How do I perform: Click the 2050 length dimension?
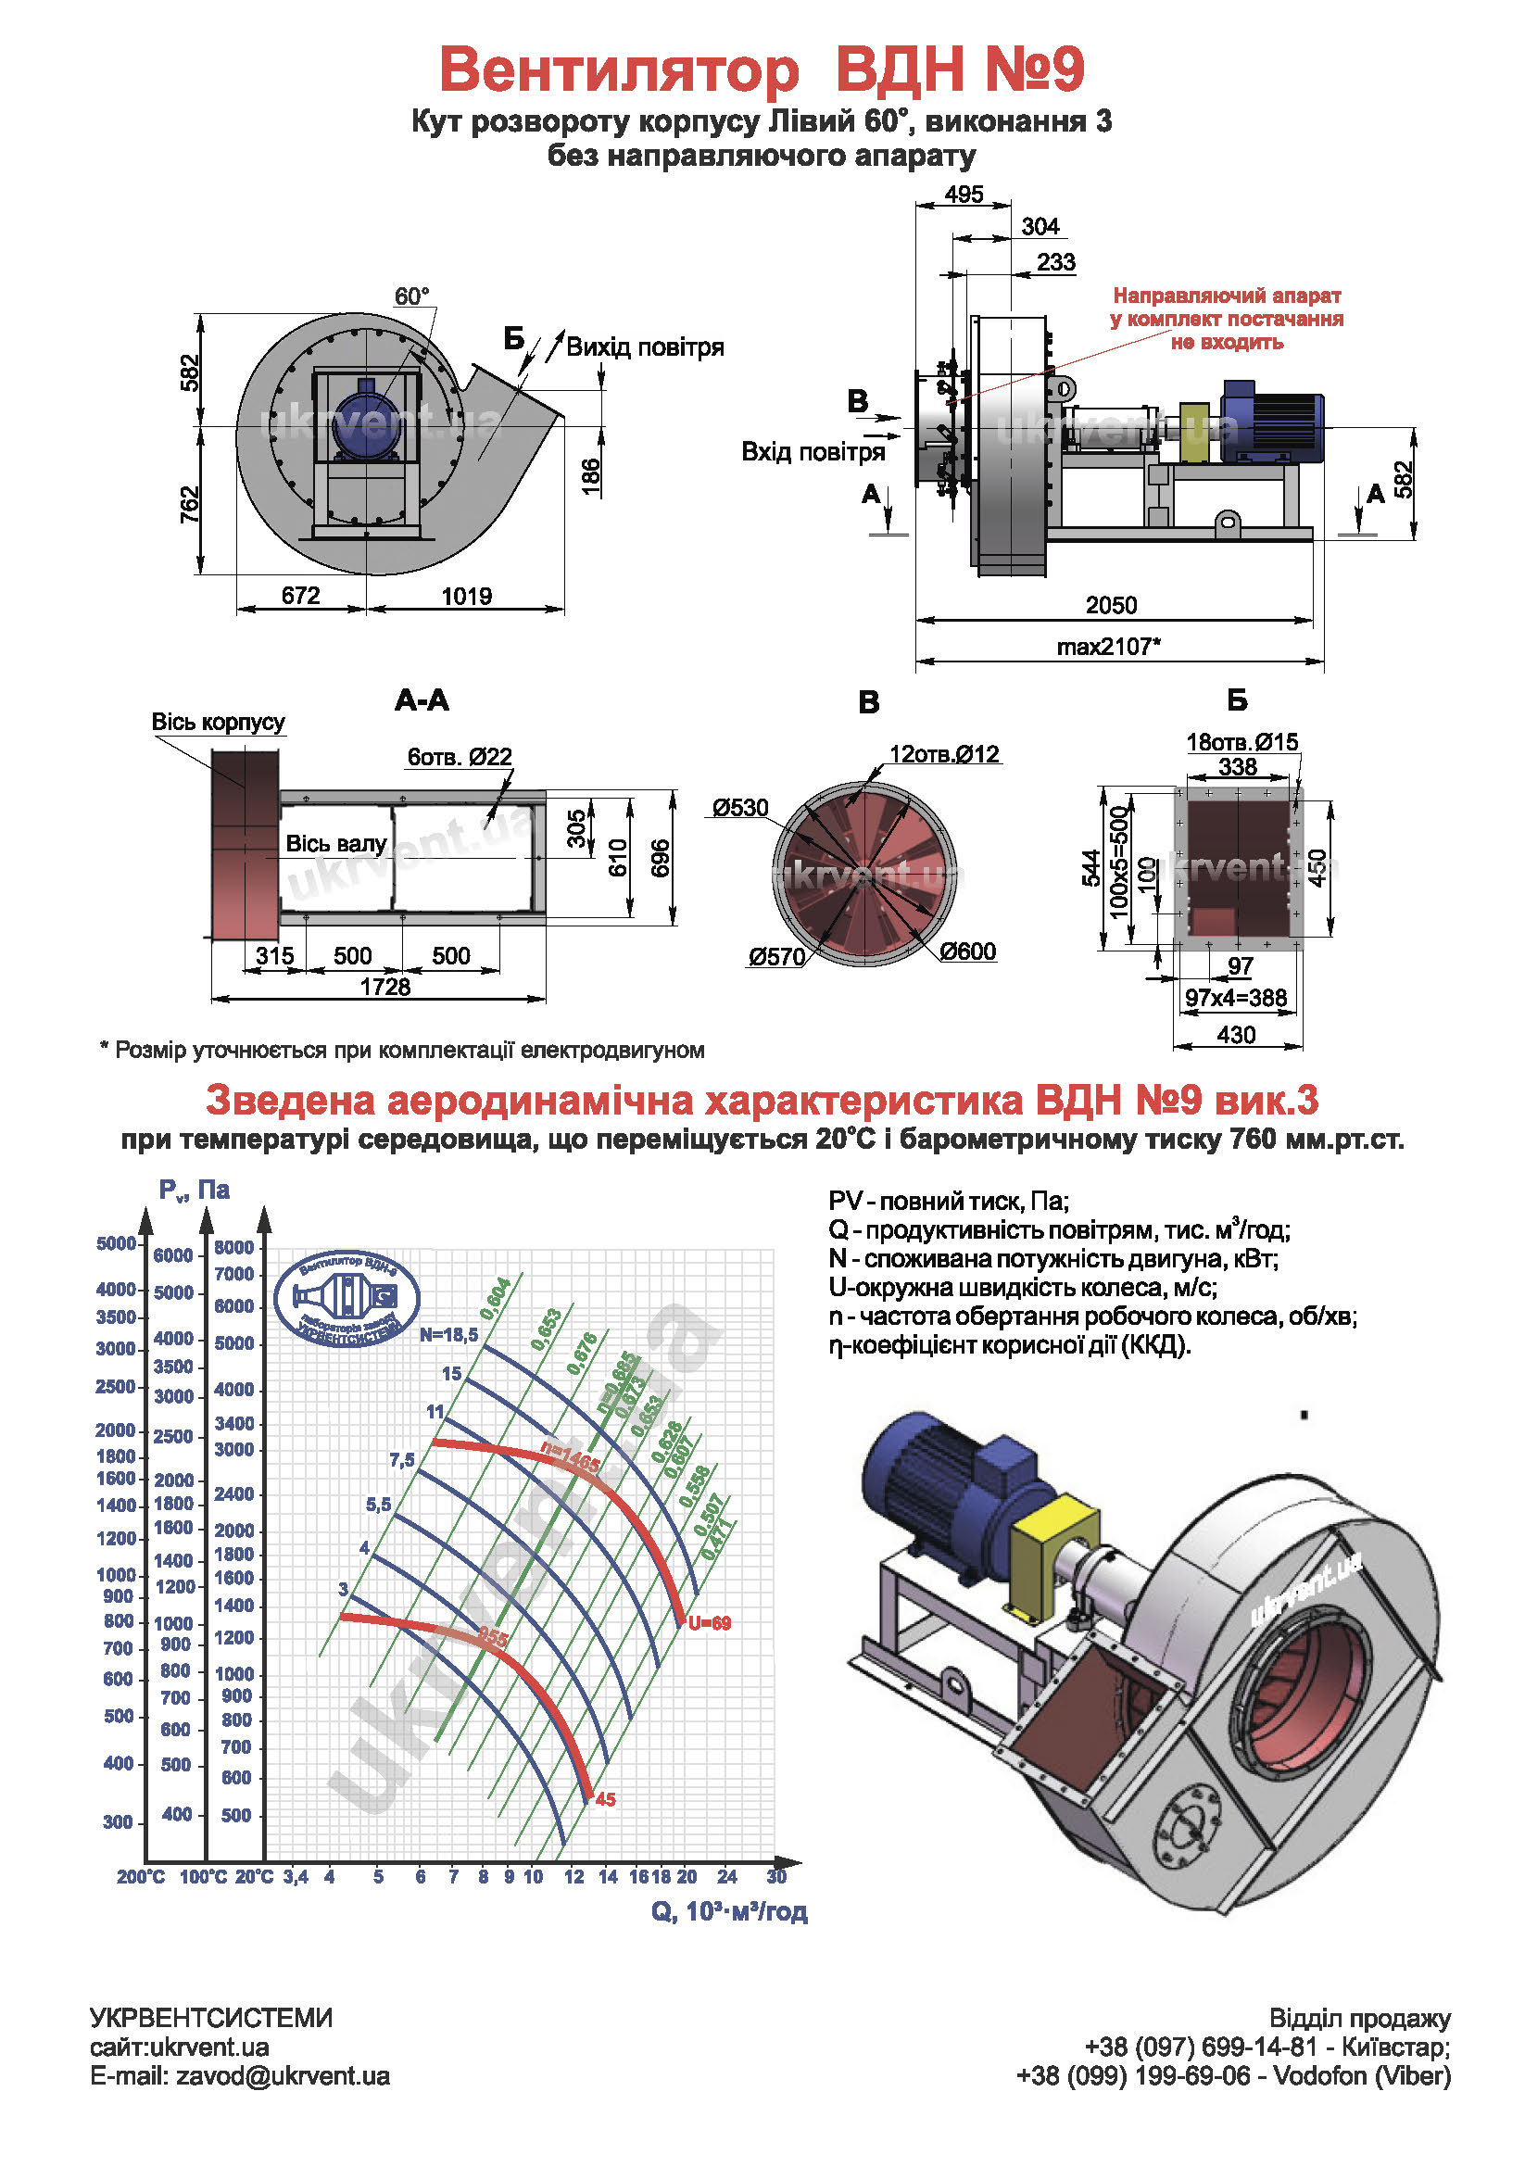[x=1111, y=605]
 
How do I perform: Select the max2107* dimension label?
[x=1108, y=647]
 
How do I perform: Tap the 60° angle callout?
[x=411, y=296]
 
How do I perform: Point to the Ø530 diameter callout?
[x=740, y=808]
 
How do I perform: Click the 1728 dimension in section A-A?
[x=385, y=988]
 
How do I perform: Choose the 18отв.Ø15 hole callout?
[x=1241, y=743]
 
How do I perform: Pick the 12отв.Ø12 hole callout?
[x=944, y=754]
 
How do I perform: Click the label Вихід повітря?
[x=645, y=347]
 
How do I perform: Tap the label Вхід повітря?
[x=813, y=452]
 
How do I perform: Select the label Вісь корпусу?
[x=218, y=722]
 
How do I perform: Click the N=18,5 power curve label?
[x=449, y=1334]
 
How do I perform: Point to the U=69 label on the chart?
[x=710, y=1624]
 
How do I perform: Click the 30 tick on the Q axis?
[x=775, y=1877]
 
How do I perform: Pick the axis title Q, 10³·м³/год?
[x=728, y=1912]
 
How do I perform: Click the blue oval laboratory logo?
[x=347, y=1299]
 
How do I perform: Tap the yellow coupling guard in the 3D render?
[x=1053, y=1557]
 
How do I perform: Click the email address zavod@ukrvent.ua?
[x=283, y=2076]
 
